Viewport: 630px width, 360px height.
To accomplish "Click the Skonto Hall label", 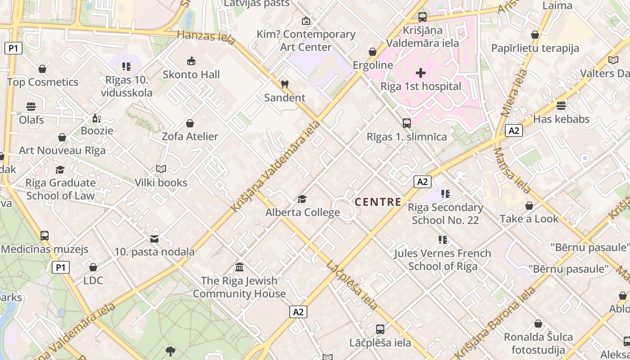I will (x=191, y=75).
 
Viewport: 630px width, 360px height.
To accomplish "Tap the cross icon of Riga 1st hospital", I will (x=421, y=72).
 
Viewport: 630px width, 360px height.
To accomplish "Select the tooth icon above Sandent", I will (x=284, y=84).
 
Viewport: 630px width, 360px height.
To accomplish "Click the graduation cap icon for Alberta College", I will (x=302, y=199).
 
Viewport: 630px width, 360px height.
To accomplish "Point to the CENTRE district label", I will (x=378, y=202).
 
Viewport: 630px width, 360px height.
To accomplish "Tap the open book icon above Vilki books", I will (x=161, y=169).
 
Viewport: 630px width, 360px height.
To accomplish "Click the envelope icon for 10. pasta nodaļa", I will (x=154, y=238).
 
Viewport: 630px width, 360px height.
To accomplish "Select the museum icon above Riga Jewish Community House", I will (x=239, y=267).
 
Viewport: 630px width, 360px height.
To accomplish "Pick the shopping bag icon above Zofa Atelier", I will (x=190, y=123).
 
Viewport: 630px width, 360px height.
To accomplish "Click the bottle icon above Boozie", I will (x=96, y=118).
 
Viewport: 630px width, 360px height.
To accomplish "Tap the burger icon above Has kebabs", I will (x=561, y=106).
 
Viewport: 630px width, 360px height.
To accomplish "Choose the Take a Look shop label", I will (x=529, y=219).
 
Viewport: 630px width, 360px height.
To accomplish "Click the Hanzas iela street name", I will (x=206, y=37).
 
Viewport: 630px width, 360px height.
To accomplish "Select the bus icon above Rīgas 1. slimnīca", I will (x=407, y=123).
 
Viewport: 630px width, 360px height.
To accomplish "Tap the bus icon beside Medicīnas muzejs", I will (x=45, y=236).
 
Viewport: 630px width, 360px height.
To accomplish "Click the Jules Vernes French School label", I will (x=443, y=260).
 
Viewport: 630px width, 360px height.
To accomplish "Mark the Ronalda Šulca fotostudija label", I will (x=538, y=343).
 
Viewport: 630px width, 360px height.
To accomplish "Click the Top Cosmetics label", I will (x=43, y=82).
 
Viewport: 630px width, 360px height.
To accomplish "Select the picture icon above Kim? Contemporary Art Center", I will (x=306, y=21).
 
